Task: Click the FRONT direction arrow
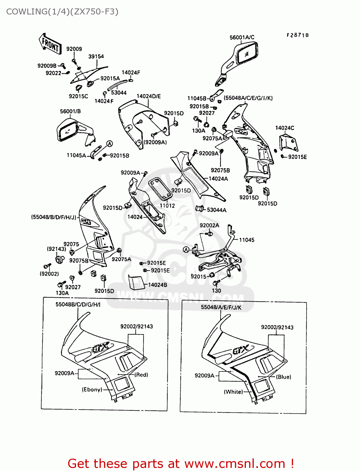[50, 44]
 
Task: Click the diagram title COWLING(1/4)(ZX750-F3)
[62, 12]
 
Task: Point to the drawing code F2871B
[297, 35]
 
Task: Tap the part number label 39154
[96, 57]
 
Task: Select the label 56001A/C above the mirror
[242, 37]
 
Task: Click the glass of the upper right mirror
[247, 54]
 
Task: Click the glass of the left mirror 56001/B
[68, 132]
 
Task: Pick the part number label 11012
[167, 206]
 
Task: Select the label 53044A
[216, 210]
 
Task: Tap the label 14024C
[285, 128]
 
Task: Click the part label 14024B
[157, 285]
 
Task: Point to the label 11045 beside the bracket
[247, 240]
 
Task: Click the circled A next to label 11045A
[109, 144]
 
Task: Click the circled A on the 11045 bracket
[186, 250]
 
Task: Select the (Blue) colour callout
[283, 377]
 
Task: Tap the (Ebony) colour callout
[92, 389]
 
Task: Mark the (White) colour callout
[233, 392]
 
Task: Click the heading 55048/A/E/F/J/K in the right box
[221, 307]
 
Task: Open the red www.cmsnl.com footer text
[181, 463]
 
